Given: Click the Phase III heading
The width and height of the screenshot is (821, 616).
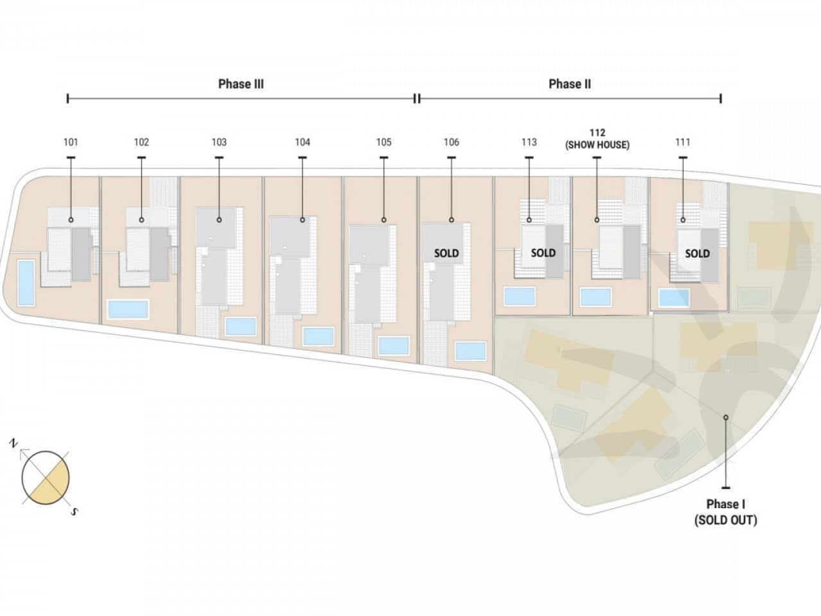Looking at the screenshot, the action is point(241,84).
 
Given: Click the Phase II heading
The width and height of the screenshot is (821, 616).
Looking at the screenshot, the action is point(570,84).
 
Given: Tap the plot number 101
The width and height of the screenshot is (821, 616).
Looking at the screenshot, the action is point(71,142).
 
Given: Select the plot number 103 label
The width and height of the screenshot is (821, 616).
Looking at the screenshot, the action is point(219,142).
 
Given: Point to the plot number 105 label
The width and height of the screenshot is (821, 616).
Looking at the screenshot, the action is point(384,142).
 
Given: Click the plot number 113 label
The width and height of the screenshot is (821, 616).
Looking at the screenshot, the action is point(529,142).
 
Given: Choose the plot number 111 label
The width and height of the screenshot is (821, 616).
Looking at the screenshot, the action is point(682,142).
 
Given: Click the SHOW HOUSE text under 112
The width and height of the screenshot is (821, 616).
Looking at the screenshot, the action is point(597,145).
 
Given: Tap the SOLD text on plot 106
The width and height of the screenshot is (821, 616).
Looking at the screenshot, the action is point(446,253).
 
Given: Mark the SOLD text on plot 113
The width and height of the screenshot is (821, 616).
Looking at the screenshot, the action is point(543,253).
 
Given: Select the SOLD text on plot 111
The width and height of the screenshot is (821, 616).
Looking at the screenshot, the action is point(697,253).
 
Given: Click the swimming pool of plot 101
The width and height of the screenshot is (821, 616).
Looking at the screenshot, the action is point(26,283).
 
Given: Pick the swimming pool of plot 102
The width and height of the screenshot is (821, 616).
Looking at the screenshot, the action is point(128,309).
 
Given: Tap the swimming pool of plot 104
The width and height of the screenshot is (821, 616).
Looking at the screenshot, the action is point(318,336).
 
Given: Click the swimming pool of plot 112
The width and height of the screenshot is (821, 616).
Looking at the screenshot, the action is point(595,297).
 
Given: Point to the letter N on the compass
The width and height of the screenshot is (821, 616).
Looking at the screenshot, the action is point(13,443).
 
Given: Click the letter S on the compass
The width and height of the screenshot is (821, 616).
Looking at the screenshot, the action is point(74,511).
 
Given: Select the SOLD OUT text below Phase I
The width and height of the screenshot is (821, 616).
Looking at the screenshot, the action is point(725,520).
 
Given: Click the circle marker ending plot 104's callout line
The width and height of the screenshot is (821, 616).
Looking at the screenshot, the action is point(302,220).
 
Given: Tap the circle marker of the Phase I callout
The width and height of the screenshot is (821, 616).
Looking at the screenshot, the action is point(725,417).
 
